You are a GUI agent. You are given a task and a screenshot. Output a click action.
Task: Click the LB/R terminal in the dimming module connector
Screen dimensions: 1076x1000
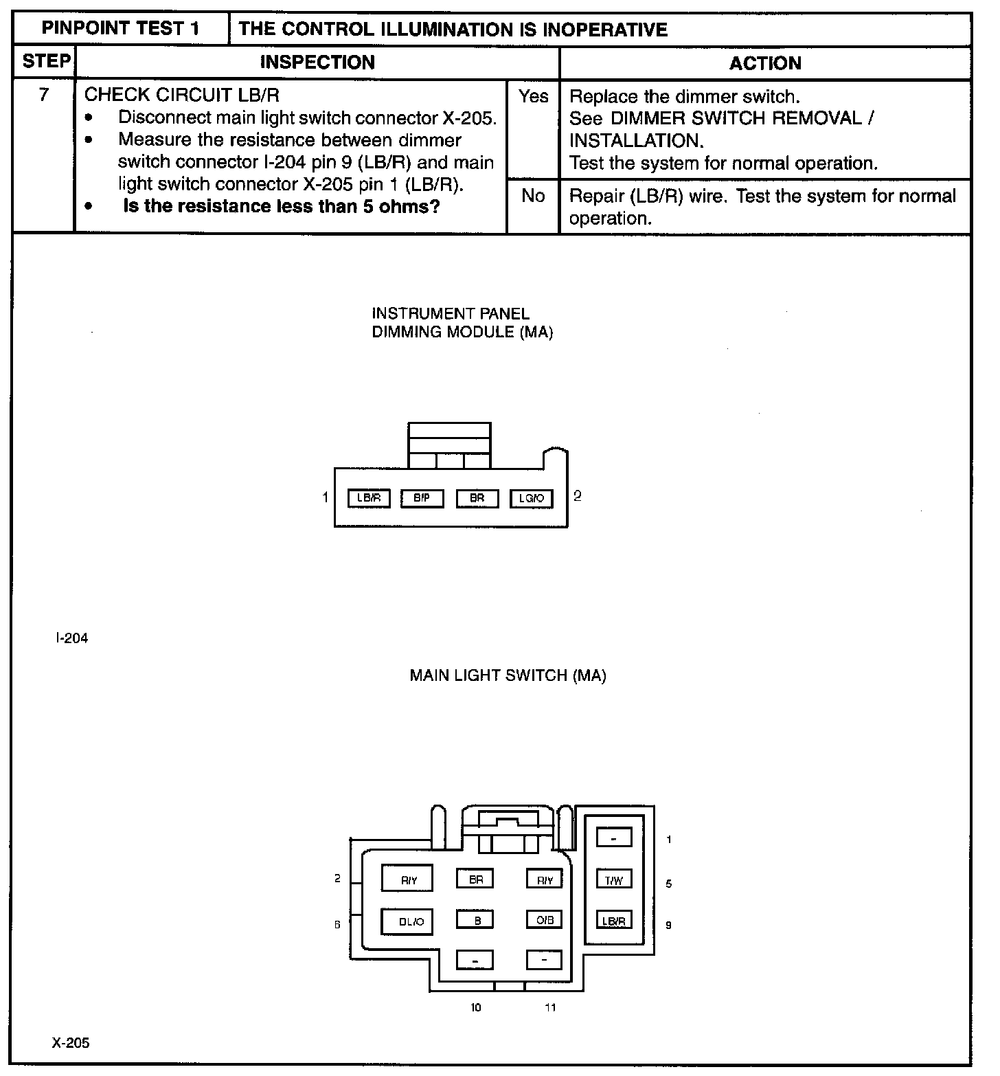pyautogui.click(x=369, y=498)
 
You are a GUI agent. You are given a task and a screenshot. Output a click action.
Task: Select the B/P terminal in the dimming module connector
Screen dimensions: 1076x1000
pyautogui.click(x=422, y=498)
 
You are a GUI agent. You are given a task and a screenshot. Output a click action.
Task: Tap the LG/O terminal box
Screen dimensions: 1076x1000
pyautogui.click(x=531, y=498)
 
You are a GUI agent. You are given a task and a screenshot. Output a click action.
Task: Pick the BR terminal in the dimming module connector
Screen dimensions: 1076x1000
pyautogui.click(x=477, y=498)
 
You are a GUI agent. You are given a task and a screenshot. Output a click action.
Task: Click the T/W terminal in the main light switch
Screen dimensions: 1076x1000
pyautogui.click(x=613, y=880)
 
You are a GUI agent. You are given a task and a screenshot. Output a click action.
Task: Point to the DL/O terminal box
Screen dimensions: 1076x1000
pyautogui.click(x=407, y=921)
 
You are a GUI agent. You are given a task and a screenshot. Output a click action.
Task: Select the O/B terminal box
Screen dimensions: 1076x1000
pyautogui.click(x=544, y=919)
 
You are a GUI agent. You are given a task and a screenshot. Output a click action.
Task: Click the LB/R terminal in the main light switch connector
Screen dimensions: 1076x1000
pyautogui.click(x=613, y=921)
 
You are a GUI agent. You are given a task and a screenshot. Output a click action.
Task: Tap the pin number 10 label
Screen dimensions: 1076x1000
pyautogui.click(x=475, y=1007)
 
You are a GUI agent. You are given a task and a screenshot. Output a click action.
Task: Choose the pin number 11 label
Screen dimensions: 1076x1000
pyautogui.click(x=549, y=1007)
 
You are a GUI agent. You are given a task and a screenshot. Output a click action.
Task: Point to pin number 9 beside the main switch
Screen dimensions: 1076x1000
pyautogui.click(x=668, y=925)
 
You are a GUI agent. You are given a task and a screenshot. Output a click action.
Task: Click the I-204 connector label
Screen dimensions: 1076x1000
pyautogui.click(x=71, y=638)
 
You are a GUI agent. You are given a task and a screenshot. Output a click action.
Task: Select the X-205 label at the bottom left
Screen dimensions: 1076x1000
pyautogui.click(x=71, y=1043)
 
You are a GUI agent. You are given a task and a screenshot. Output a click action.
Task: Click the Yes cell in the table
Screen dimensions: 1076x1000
pyautogui.click(x=534, y=97)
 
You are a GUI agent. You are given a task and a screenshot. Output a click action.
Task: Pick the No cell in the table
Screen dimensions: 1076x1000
pyautogui.click(x=533, y=197)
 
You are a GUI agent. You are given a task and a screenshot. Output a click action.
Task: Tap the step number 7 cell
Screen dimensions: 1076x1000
pyautogui.click(x=44, y=95)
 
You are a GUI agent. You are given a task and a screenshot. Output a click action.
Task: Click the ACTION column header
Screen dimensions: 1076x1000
pyautogui.click(x=765, y=63)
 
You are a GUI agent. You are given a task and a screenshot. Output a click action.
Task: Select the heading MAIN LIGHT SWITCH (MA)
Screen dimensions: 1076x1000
pyautogui.click(x=508, y=675)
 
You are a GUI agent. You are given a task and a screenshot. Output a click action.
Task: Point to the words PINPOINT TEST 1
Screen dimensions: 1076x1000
pyautogui.click(x=120, y=29)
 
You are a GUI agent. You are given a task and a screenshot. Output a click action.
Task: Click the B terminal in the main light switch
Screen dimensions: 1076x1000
pyautogui.click(x=475, y=919)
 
